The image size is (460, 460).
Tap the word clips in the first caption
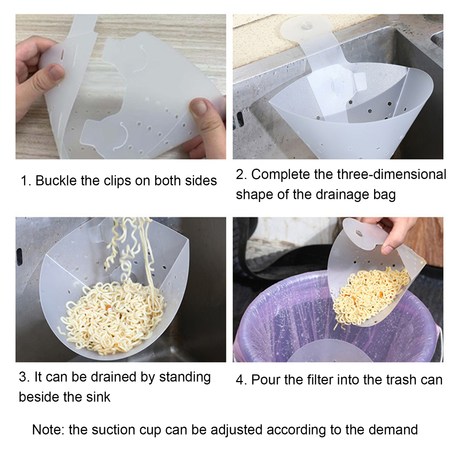[117, 181]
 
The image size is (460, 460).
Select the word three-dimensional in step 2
[391, 174]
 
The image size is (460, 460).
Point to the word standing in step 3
[185, 377]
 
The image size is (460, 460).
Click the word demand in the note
[393, 430]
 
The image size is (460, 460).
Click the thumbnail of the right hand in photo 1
[199, 107]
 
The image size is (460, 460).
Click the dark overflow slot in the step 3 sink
[19, 257]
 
